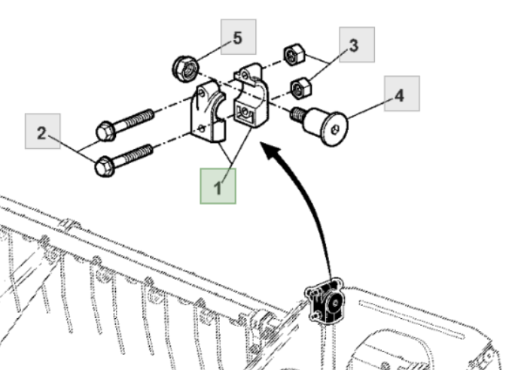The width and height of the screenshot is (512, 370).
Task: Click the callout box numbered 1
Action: [x=218, y=186]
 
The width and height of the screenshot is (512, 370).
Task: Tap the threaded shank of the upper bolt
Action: [x=136, y=120]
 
